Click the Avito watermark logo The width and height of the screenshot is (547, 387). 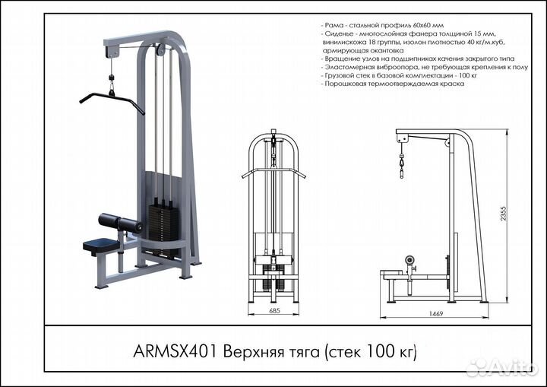click(x=502, y=367)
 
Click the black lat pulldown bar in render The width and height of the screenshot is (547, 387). click(x=111, y=99)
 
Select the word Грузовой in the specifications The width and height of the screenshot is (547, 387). click(x=341, y=75)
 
